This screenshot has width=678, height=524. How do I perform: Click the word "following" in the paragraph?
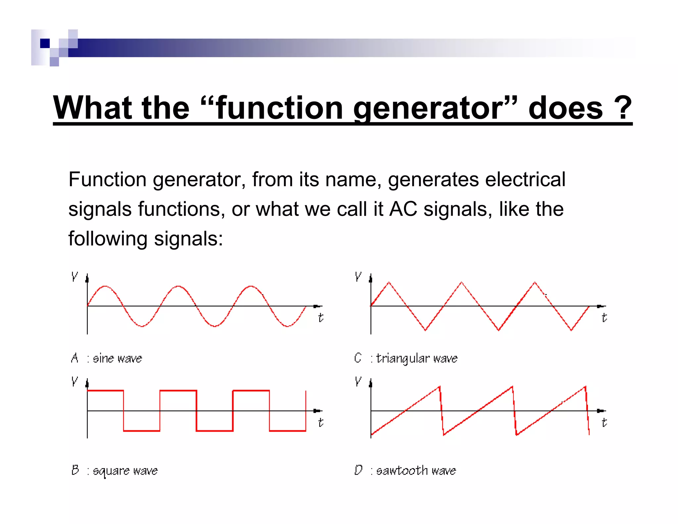click(108, 239)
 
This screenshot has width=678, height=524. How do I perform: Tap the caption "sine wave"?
click(117, 358)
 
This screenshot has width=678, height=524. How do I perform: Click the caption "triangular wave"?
click(417, 358)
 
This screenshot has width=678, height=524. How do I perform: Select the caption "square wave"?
click(125, 471)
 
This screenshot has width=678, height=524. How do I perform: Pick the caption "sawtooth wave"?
click(416, 470)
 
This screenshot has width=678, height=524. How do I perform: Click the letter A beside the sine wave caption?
click(75, 358)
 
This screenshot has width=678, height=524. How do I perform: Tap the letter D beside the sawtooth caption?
click(358, 470)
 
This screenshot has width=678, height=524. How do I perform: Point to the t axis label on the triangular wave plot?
click(604, 318)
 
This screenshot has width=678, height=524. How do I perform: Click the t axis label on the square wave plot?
click(320, 422)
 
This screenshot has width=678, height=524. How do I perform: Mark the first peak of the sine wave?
click(105, 286)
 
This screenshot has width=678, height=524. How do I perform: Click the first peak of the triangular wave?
click(389, 282)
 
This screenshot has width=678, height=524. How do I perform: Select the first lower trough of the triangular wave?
click(425, 330)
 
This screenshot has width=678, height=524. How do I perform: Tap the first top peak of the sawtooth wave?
click(439, 387)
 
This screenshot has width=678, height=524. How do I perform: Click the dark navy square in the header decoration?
click(45, 43)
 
